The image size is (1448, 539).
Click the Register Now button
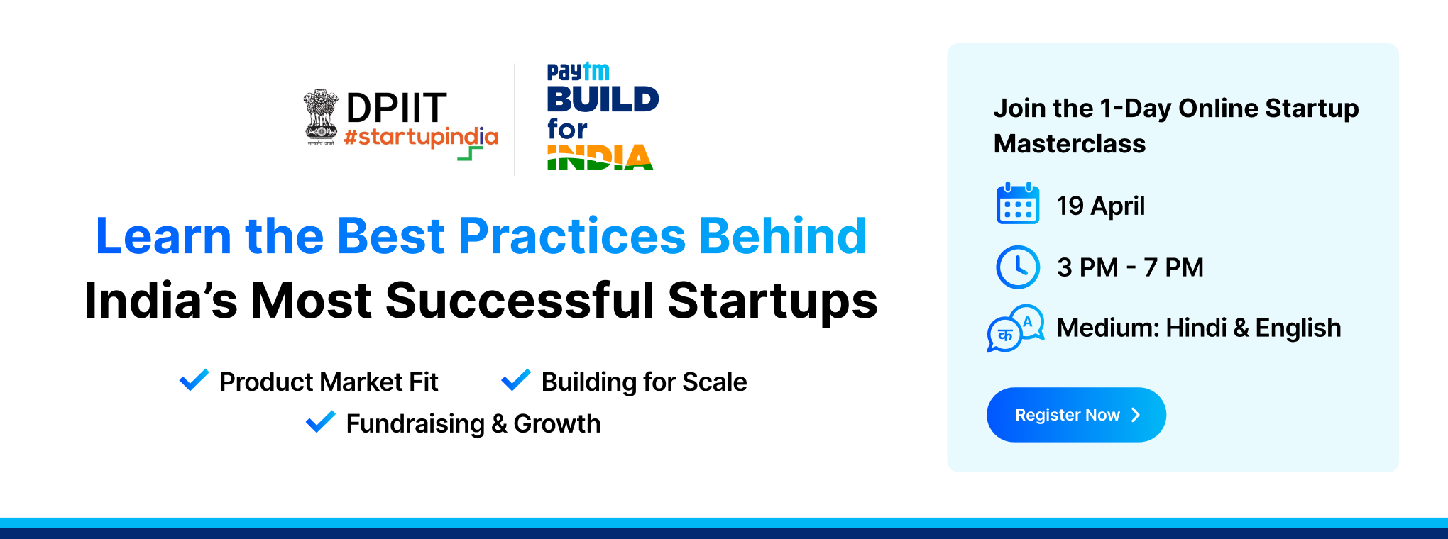(1076, 415)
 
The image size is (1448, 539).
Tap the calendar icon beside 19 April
(1018, 204)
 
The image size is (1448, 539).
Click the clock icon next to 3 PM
(1018, 267)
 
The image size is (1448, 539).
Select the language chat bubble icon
(1016, 328)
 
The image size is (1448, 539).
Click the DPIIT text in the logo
(396, 108)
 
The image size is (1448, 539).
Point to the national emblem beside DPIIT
(321, 117)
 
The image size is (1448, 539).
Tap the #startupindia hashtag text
(421, 137)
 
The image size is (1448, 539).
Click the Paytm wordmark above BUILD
(578, 72)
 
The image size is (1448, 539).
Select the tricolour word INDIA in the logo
(600, 157)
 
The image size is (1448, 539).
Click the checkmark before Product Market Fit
(194, 380)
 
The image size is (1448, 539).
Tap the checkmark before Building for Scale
(516, 380)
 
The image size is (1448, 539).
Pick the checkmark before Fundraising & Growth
(320, 422)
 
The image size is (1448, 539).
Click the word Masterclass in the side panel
(1069, 144)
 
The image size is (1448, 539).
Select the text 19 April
(1100, 206)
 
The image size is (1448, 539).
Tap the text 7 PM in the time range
(1173, 267)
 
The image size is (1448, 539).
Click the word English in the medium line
(1298, 328)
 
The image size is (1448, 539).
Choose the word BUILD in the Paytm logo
(603, 99)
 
